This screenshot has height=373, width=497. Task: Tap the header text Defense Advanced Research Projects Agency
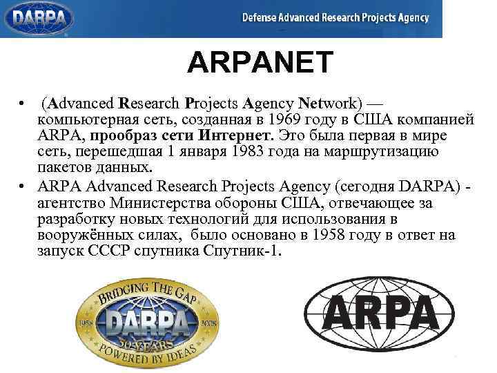[335, 18]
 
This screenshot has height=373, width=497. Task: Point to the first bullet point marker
[23, 104]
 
